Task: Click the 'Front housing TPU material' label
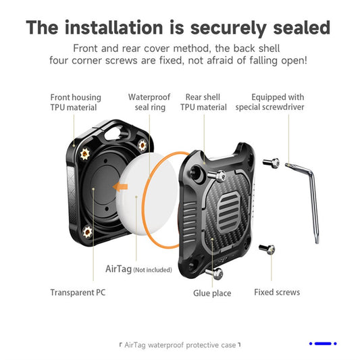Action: (74, 102)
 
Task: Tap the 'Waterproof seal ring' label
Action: (149, 102)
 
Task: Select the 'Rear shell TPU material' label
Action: (203, 102)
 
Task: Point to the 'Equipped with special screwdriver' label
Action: (277, 102)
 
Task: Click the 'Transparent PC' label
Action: (78, 292)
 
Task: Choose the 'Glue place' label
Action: (212, 293)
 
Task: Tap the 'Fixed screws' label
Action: (277, 292)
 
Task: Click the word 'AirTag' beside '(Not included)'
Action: (118, 268)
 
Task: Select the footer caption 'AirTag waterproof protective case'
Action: (180, 344)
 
